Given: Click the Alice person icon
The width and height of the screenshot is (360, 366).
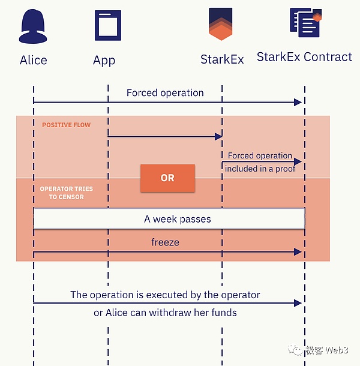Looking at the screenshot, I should (34, 28).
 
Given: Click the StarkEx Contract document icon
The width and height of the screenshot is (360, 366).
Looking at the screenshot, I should (305, 23).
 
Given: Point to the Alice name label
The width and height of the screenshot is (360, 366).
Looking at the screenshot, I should (34, 60).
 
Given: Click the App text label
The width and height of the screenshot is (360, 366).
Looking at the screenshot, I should (104, 60).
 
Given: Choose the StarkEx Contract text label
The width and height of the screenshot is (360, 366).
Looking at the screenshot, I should (304, 57).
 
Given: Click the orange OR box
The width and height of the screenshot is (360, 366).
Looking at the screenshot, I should (167, 178).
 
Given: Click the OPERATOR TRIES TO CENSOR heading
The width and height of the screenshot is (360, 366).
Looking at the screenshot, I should (66, 193).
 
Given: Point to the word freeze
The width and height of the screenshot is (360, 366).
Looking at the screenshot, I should (165, 242).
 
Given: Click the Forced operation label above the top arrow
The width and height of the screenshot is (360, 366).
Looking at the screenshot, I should (165, 93).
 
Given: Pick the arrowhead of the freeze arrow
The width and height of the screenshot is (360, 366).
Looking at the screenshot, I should (298, 252).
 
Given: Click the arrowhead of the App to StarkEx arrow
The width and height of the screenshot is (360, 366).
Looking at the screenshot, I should (218, 137).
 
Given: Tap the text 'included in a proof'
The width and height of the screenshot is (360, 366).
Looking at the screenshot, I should (260, 169).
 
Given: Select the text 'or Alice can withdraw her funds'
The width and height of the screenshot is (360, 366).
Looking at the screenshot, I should (165, 313).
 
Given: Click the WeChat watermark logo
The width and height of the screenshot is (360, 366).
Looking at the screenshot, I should (296, 350).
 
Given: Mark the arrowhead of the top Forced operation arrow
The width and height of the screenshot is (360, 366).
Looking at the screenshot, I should (298, 103).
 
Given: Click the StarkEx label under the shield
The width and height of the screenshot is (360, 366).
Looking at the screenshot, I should (222, 60).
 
